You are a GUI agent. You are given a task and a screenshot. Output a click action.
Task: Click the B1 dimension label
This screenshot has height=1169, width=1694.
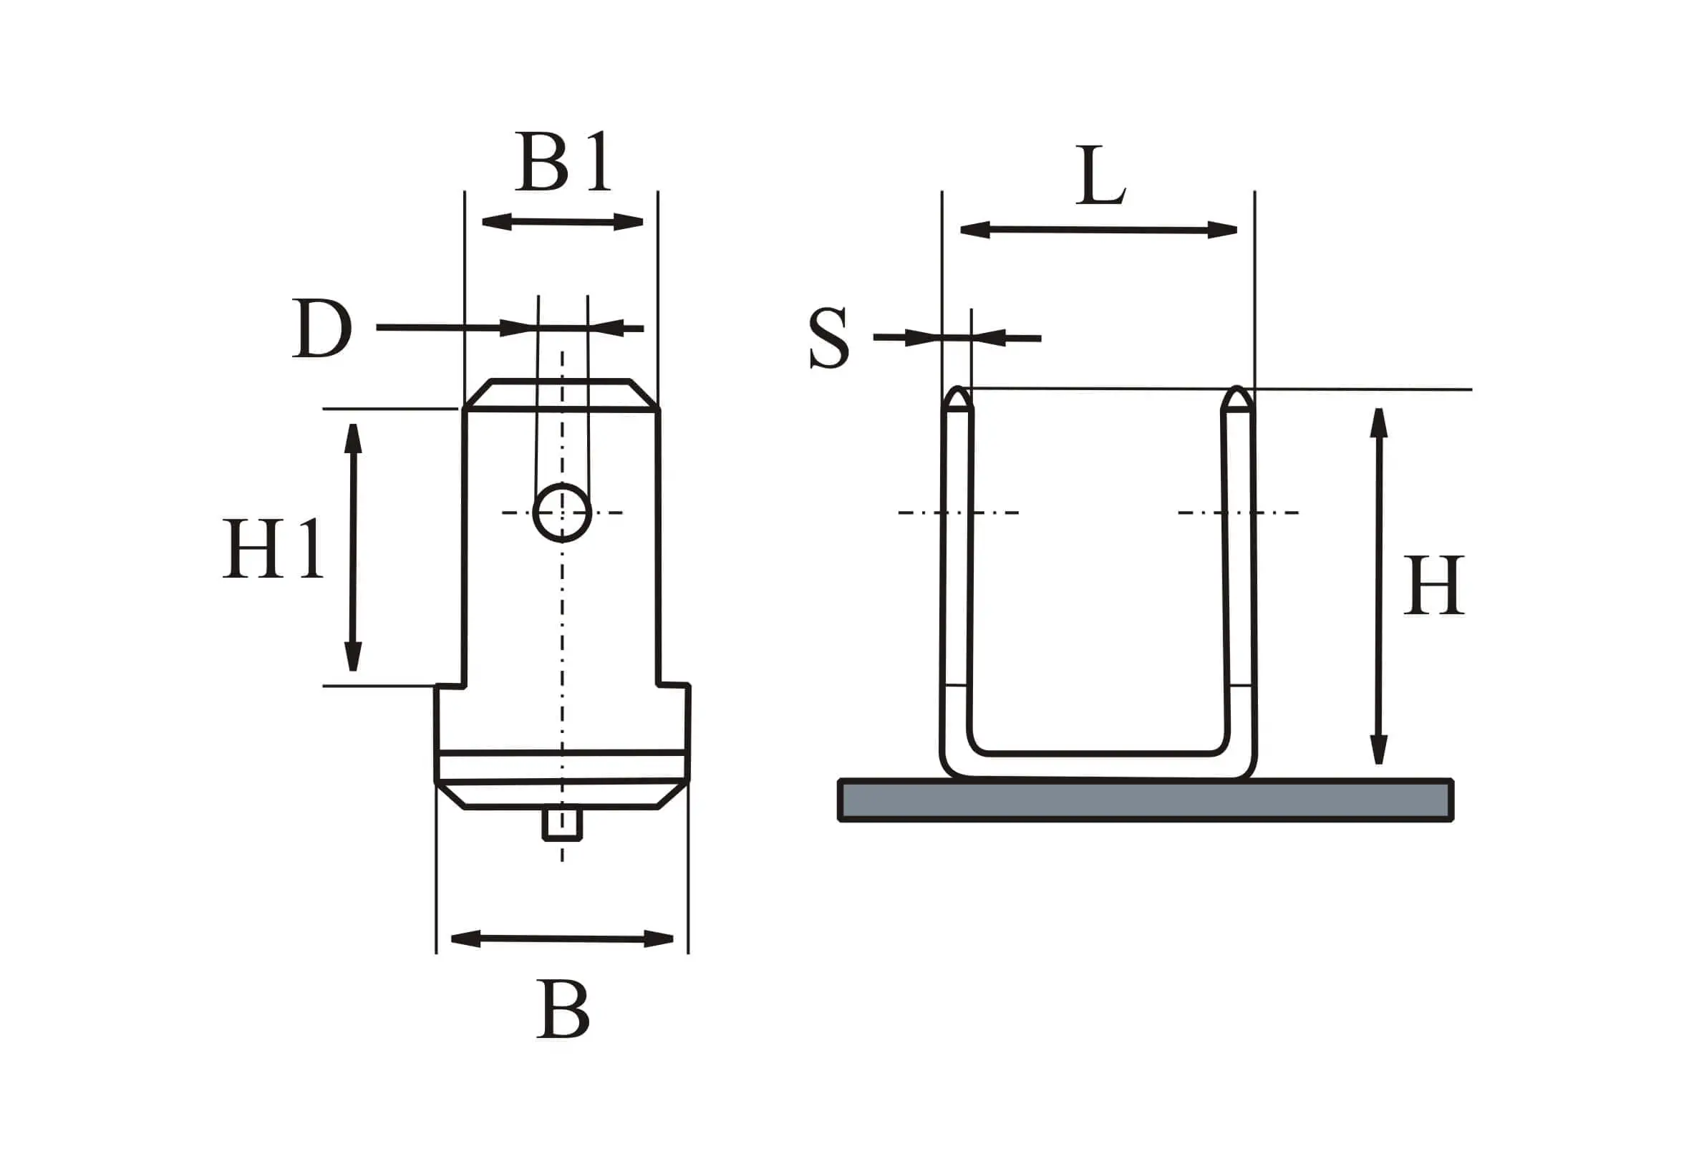(563, 162)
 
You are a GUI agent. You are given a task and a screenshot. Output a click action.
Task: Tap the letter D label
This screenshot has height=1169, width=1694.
(322, 329)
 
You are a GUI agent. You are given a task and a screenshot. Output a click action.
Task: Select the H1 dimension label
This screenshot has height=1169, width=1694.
(274, 548)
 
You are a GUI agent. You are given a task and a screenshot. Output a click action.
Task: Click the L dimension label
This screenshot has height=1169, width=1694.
(1100, 176)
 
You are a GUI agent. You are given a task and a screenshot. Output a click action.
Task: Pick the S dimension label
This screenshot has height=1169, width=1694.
(829, 339)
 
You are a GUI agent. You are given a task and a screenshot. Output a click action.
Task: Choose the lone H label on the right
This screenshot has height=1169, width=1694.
(1434, 586)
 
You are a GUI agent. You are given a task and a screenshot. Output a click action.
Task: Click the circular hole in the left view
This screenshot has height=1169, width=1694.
(562, 512)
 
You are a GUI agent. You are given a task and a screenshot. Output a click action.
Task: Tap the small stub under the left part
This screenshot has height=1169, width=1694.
(562, 823)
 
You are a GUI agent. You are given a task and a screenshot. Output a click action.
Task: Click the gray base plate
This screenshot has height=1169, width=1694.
(1146, 800)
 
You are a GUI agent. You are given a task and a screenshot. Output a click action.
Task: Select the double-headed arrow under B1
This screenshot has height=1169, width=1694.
(563, 221)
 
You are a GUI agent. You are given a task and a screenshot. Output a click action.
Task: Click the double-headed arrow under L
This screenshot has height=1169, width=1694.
(1098, 230)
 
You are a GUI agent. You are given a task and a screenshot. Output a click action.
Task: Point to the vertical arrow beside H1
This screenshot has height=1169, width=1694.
(354, 547)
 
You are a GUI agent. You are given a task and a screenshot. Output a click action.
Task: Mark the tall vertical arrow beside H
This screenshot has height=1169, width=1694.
(1379, 586)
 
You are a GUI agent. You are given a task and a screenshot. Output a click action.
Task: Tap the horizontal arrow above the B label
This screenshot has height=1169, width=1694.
(562, 938)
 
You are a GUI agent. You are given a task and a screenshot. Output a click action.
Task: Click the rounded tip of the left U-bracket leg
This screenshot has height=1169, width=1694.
(957, 399)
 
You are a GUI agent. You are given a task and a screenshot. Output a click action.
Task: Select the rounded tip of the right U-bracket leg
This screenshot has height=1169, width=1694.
(1238, 399)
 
